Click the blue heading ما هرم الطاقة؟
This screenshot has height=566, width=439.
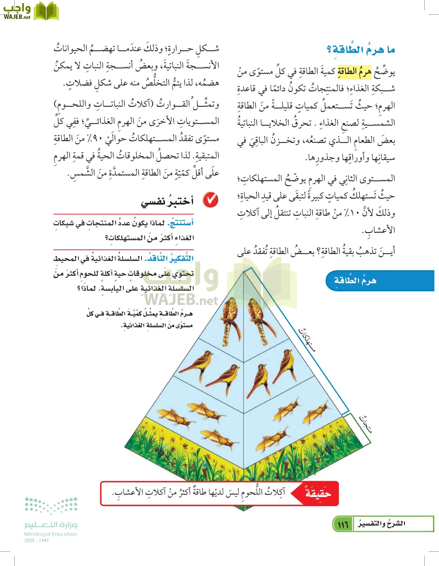(361, 50)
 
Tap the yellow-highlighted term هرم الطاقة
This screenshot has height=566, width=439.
(354, 72)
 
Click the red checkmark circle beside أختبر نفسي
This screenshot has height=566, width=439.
(210, 200)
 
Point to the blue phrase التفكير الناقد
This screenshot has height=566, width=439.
(169, 258)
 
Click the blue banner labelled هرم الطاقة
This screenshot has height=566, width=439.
(355, 280)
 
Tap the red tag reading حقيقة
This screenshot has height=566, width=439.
(318, 493)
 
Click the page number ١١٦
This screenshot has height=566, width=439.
(343, 524)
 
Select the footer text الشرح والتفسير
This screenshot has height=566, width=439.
(381, 524)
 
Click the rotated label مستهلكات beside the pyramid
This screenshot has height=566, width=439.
(307, 339)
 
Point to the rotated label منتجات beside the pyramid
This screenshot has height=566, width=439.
(366, 424)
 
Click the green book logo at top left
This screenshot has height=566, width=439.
(46, 11)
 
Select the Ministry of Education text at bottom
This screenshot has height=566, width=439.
(51, 534)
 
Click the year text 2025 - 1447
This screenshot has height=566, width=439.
(36, 541)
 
